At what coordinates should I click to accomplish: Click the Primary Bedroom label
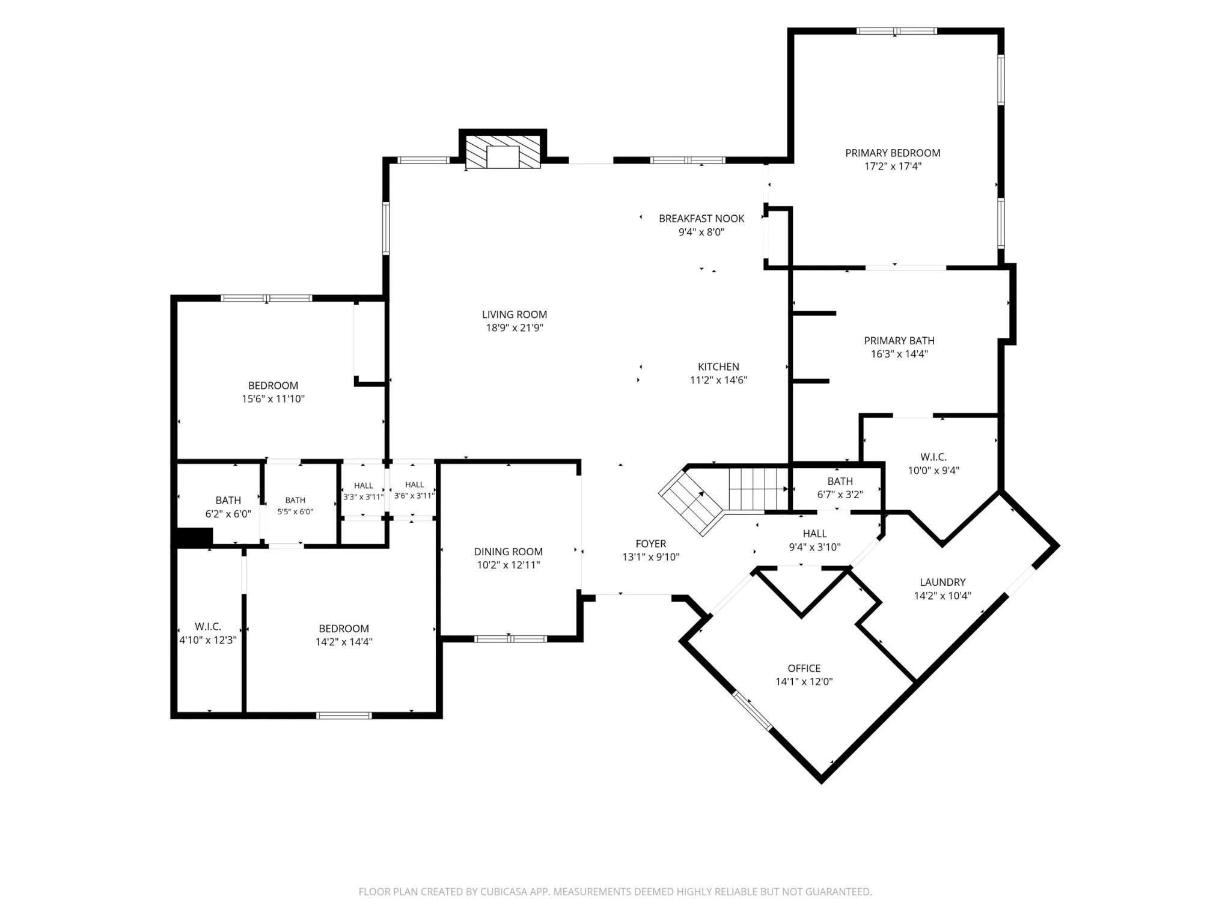[893, 153]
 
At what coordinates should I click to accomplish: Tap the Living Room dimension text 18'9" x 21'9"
[515, 327]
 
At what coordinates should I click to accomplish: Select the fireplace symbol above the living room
[502, 152]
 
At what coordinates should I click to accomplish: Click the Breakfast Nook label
[701, 219]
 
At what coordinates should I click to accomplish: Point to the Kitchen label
[718, 367]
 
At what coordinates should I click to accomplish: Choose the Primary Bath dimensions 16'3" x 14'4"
[899, 354]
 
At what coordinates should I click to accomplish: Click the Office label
[804, 668]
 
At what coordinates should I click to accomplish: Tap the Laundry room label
[942, 582]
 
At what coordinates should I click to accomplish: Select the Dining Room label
[508, 552]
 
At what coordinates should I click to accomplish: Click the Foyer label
[651, 544]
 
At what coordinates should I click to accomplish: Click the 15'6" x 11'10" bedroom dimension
[273, 398]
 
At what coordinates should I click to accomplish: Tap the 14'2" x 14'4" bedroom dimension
[344, 642]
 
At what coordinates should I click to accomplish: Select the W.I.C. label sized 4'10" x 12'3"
[208, 627]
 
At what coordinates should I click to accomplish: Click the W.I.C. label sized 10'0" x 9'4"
[933, 457]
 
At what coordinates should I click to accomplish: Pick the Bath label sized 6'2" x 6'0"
[228, 501]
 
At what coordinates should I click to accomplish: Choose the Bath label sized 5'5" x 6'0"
[295, 500]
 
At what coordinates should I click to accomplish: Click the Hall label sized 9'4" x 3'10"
[815, 534]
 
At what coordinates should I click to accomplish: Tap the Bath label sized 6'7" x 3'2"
[840, 481]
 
